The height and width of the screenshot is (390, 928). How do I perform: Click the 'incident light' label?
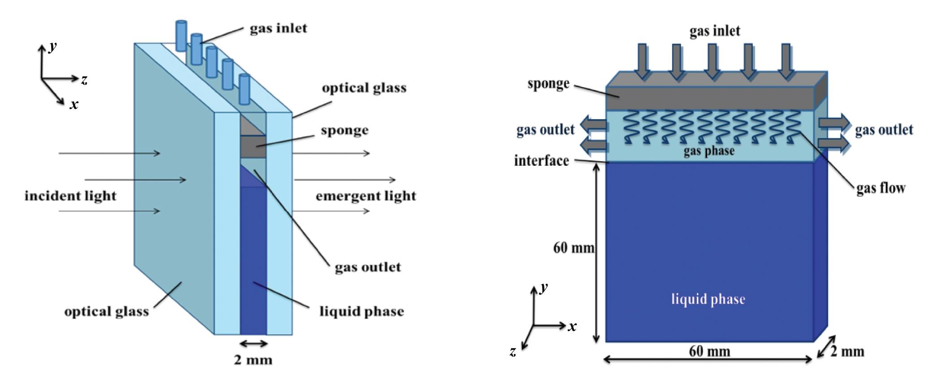tap(70, 196)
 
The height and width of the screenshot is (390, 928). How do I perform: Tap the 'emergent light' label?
tap(366, 196)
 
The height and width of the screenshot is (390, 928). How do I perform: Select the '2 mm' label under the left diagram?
tap(253, 360)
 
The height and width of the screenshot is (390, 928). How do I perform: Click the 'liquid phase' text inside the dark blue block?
tap(708, 299)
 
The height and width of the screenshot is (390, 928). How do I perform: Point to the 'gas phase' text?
tap(709, 151)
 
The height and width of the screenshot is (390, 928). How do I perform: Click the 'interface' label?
tap(541, 160)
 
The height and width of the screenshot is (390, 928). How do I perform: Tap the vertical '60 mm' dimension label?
tap(573, 248)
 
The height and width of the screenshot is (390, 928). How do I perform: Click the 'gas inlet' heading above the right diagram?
tap(714, 31)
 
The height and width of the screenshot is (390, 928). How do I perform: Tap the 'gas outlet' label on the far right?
tap(884, 130)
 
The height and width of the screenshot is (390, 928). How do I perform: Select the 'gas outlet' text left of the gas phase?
tap(545, 130)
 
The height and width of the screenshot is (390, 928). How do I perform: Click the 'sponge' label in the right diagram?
tap(548, 84)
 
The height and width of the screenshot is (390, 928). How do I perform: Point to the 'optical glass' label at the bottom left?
tap(106, 311)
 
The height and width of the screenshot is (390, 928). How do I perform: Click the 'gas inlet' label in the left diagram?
tap(278, 28)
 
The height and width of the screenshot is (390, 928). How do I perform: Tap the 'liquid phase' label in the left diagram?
tap(361, 311)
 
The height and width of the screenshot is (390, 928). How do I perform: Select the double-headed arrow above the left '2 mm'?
tap(253, 344)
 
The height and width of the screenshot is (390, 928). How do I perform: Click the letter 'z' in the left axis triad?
tap(84, 80)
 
